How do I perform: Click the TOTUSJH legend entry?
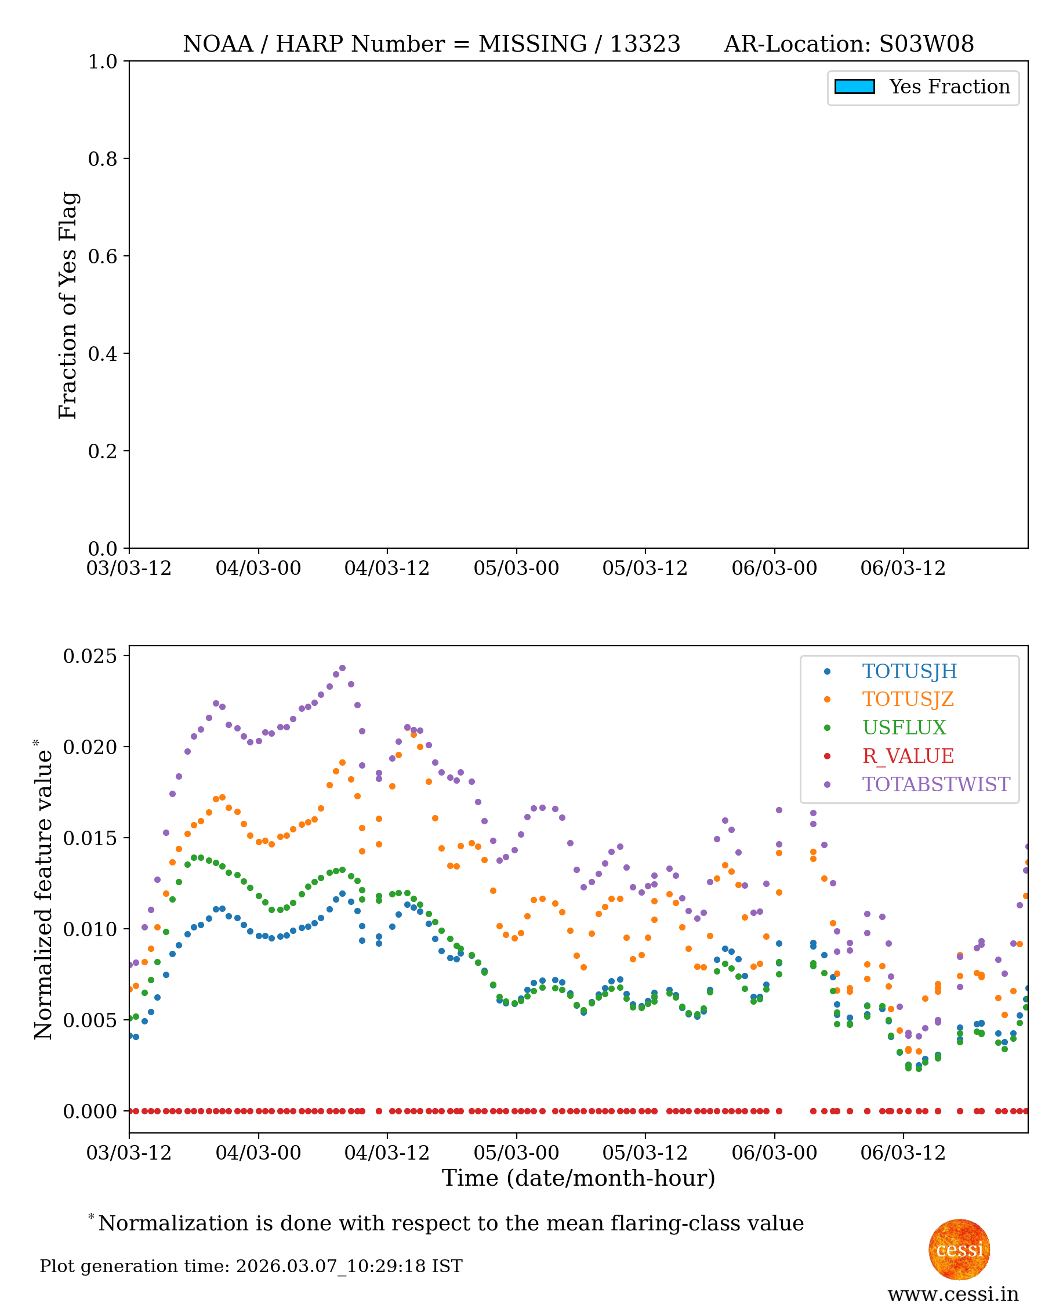tap(909, 671)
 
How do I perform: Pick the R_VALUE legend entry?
tap(908, 756)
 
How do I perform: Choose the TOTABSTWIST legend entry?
tap(935, 784)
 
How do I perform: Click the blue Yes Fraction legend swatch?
tap(854, 86)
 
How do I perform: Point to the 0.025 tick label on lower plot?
tap(89, 656)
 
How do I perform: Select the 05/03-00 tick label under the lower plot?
tap(516, 1153)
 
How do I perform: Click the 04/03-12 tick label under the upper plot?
tap(386, 568)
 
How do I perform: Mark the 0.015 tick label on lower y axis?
tap(89, 838)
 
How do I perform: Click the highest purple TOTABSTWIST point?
tap(342, 668)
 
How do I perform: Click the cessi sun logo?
tap(959, 1249)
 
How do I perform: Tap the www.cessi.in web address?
tap(953, 1294)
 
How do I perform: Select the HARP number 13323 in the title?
tap(645, 44)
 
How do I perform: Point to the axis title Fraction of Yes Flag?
tap(68, 305)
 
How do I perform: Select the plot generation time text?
tap(251, 1266)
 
